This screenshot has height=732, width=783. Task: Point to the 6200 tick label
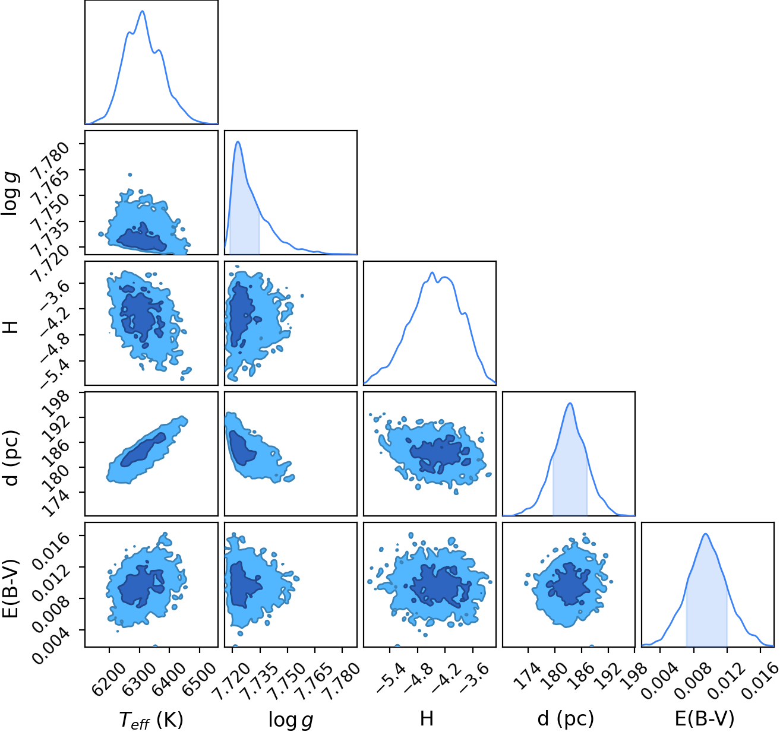click(x=109, y=674)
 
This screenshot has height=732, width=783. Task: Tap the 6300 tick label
click(x=138, y=674)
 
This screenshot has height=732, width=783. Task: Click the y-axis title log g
click(x=10, y=194)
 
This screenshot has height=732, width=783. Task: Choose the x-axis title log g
click(x=291, y=720)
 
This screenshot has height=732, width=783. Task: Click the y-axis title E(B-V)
click(x=11, y=588)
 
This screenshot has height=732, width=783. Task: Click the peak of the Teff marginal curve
click(x=143, y=11)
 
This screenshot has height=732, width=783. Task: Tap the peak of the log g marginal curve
click(x=238, y=141)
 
